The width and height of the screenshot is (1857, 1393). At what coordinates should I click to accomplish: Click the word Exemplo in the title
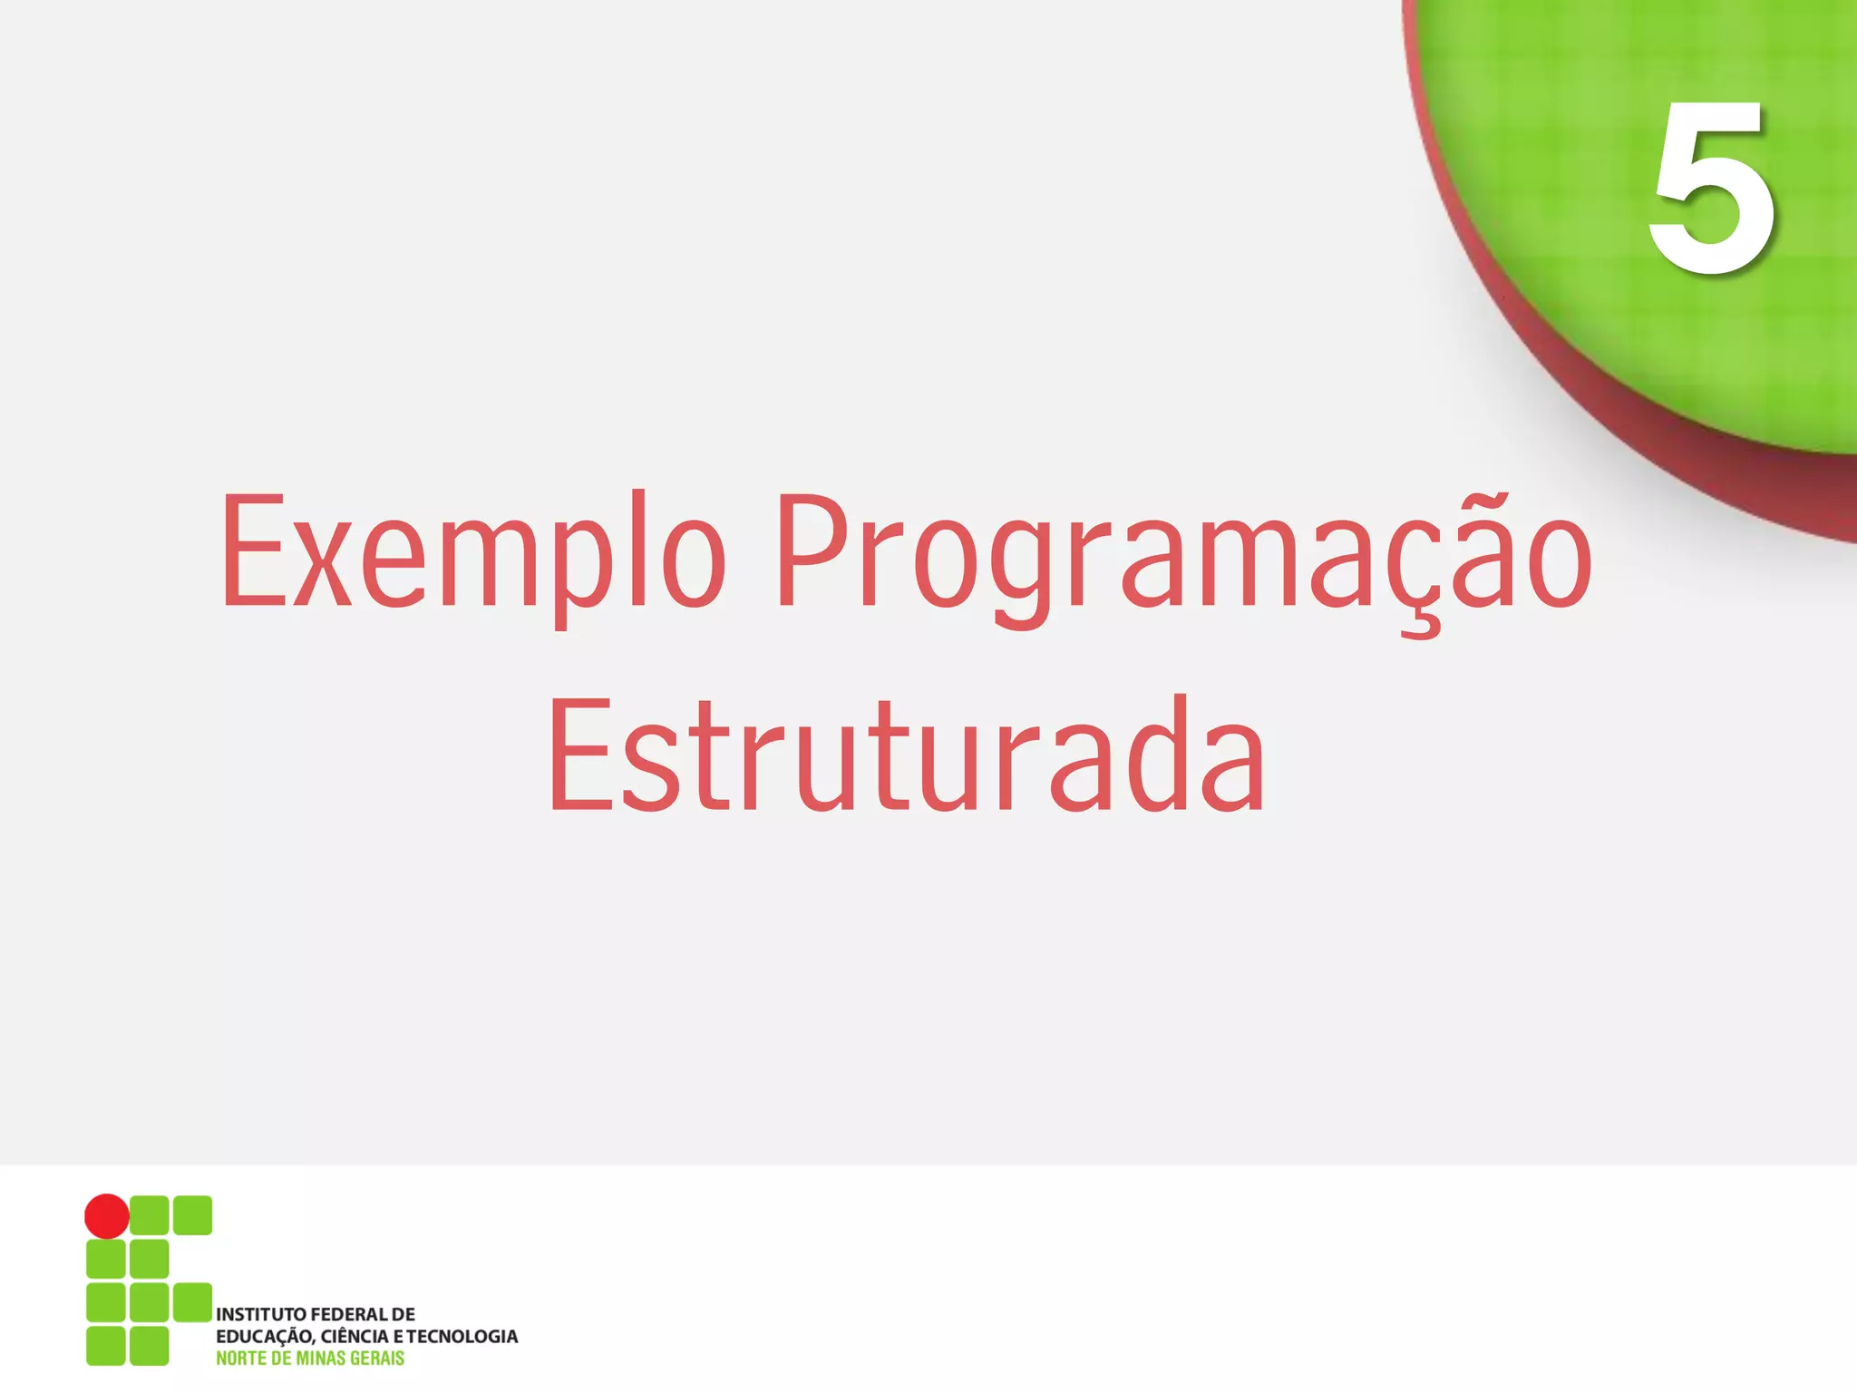[x=472, y=553]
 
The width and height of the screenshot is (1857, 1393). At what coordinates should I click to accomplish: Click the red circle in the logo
[x=107, y=1216]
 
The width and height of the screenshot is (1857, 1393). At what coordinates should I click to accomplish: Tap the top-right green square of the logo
[x=192, y=1215]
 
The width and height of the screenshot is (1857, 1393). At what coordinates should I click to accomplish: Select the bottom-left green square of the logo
[x=105, y=1346]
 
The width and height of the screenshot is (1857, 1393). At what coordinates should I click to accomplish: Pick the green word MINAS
[x=321, y=1359]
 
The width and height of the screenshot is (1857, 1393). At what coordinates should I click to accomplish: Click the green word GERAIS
[x=377, y=1359]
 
